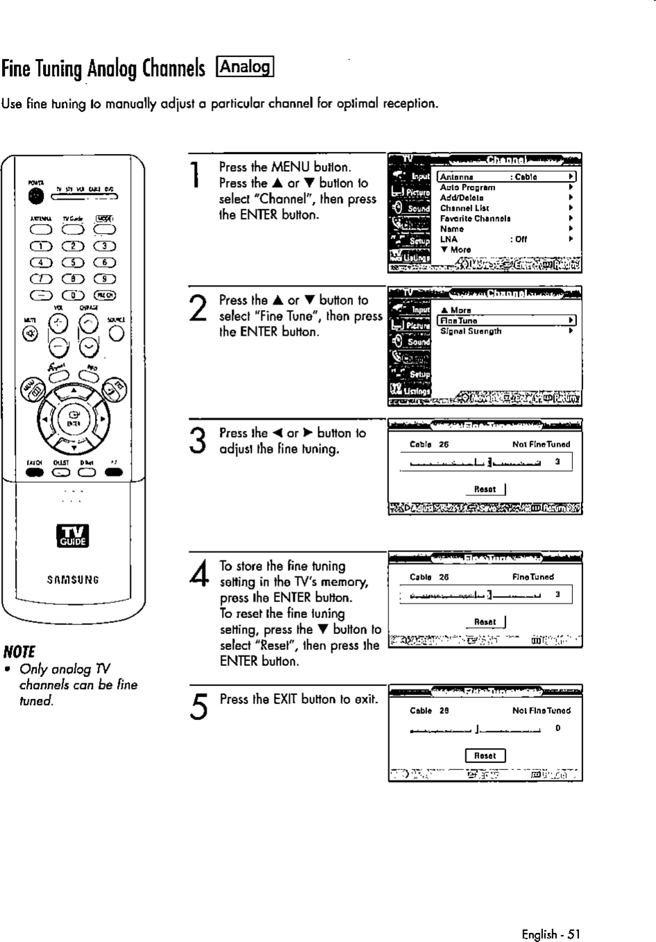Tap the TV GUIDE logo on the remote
pyautogui.click(x=72, y=536)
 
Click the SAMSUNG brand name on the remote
pyautogui.click(x=73, y=579)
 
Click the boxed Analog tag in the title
pyautogui.click(x=246, y=67)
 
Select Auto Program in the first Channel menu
pyautogui.click(x=467, y=187)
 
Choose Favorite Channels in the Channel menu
pyautogui.click(x=475, y=219)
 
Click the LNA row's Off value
pyautogui.click(x=520, y=239)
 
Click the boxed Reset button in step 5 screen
pyautogui.click(x=485, y=755)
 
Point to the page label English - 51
pyautogui.click(x=551, y=934)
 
